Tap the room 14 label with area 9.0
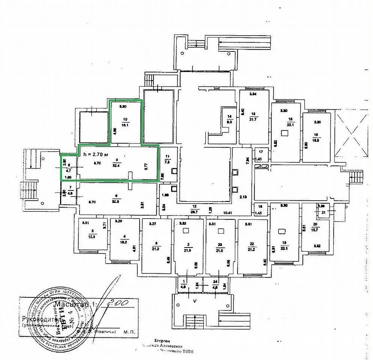[230, 119]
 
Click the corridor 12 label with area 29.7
[194, 209]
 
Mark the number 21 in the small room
[323, 212]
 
